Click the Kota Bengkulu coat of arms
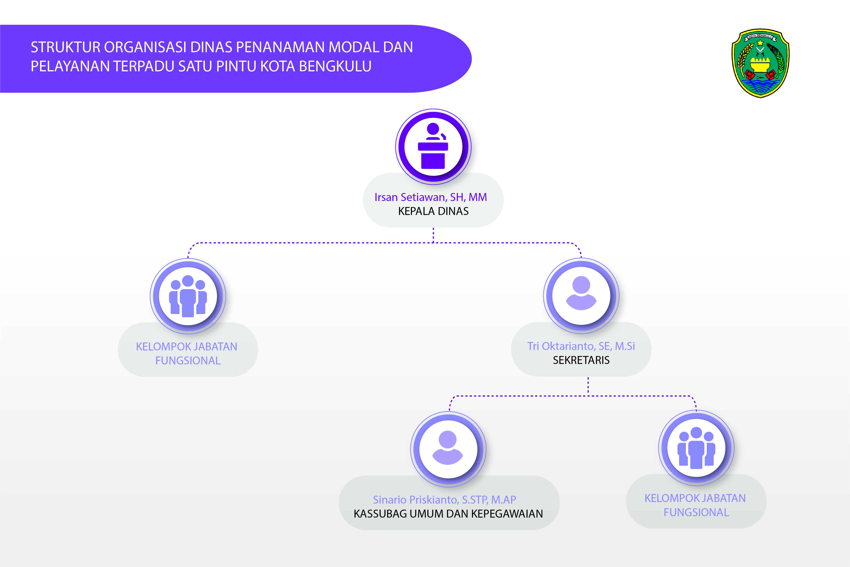tap(760, 63)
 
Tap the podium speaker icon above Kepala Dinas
tap(433, 146)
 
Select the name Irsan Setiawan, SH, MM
tap(430, 197)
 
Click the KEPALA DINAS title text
tap(433, 211)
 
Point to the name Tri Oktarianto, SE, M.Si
tap(581, 346)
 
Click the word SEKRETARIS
tap(581, 360)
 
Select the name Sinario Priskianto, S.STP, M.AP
tap(444, 500)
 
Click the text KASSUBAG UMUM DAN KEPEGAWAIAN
tap(448, 514)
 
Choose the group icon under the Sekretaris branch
tap(696, 448)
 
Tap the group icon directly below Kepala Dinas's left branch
tap(188, 296)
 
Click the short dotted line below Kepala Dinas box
tap(433, 235)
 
